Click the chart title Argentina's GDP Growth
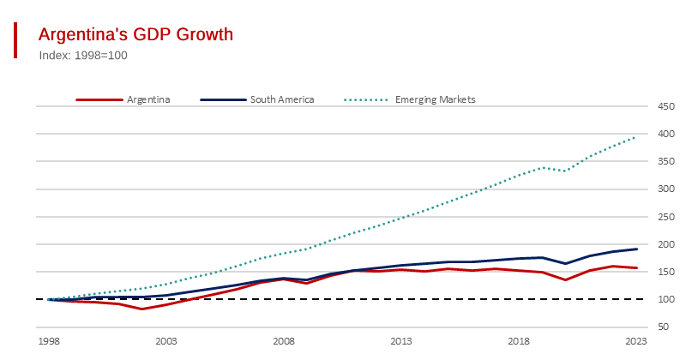point(135,34)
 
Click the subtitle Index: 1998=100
point(83,55)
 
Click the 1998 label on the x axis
point(49,341)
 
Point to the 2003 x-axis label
point(166,341)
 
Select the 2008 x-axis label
point(284,341)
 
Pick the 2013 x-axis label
point(401,341)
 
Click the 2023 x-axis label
point(635,341)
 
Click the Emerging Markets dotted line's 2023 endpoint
point(635,137)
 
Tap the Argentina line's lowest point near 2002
point(142,309)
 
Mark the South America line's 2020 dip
point(565,264)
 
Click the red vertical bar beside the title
point(15,40)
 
